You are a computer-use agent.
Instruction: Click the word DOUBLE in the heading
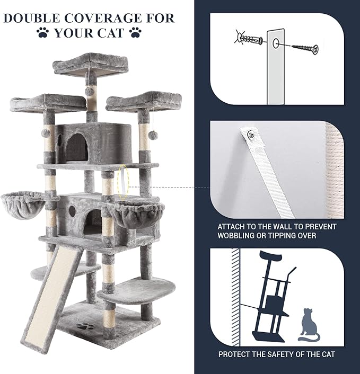(32, 19)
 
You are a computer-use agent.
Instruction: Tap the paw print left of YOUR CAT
(43, 32)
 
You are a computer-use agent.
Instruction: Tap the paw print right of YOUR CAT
(135, 32)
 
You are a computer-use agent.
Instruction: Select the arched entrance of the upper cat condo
(76, 147)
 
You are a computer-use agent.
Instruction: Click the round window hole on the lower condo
(72, 211)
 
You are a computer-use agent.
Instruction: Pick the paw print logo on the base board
(85, 326)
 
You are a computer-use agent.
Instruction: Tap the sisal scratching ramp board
(52, 298)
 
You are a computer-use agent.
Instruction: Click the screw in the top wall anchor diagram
(305, 48)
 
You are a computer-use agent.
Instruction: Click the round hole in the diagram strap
(276, 43)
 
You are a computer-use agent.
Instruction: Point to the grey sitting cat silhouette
(309, 325)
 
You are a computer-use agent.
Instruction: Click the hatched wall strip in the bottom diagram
(235, 297)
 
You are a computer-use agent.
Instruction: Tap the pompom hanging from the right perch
(153, 135)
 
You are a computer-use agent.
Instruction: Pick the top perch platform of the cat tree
(91, 65)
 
